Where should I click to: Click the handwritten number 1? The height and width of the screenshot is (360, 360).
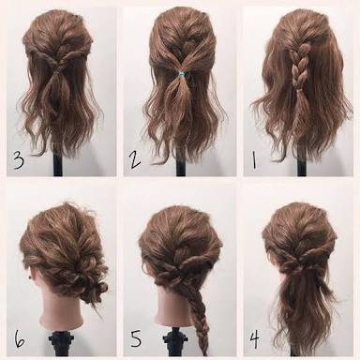point(254,160)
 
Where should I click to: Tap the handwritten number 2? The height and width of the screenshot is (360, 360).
point(135,160)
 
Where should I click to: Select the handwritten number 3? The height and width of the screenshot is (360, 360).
point(18,160)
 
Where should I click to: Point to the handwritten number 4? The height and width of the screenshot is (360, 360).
point(255,340)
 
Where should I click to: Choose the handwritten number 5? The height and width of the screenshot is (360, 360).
point(136,338)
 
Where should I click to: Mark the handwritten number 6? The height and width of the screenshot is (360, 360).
point(19,338)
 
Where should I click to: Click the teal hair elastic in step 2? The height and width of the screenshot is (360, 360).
point(181,74)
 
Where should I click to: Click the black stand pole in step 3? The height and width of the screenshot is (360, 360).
point(57,163)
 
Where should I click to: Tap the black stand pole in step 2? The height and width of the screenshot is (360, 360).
point(181,165)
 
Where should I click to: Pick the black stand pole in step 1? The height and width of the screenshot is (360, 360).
point(302,166)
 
